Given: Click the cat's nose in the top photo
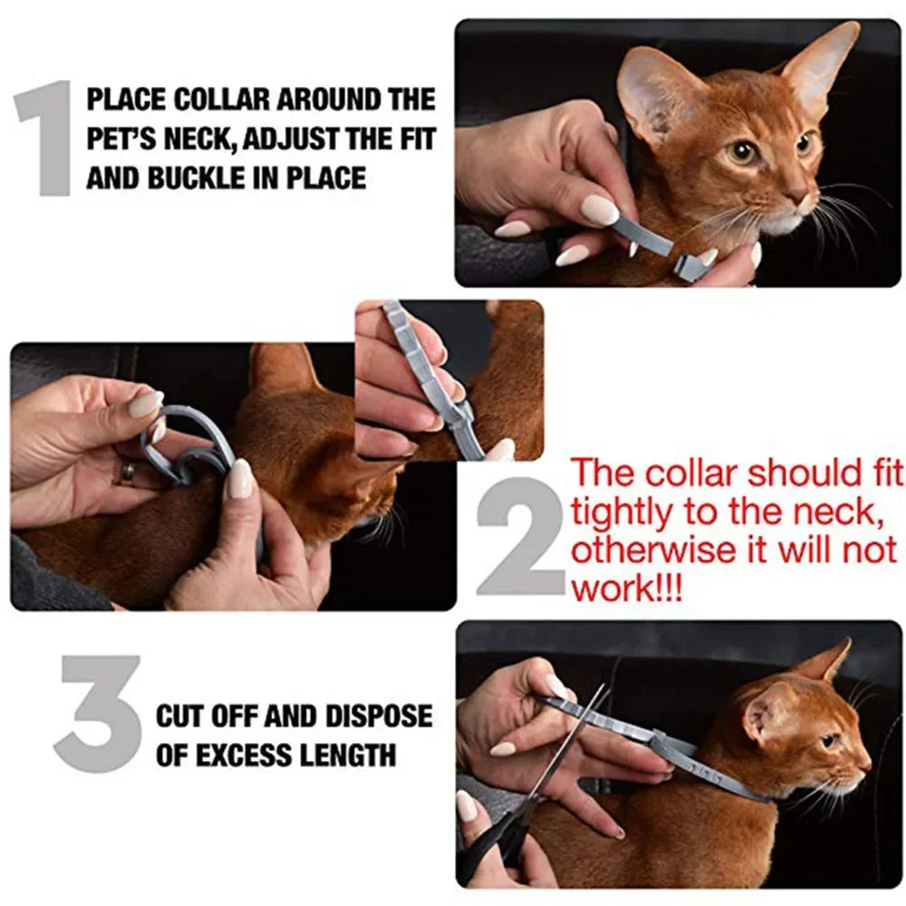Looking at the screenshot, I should pos(796,196).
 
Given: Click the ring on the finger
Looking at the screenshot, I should pos(129,472).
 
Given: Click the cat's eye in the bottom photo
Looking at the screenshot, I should pos(828,740).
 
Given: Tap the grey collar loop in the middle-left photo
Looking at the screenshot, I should pos(186,444).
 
